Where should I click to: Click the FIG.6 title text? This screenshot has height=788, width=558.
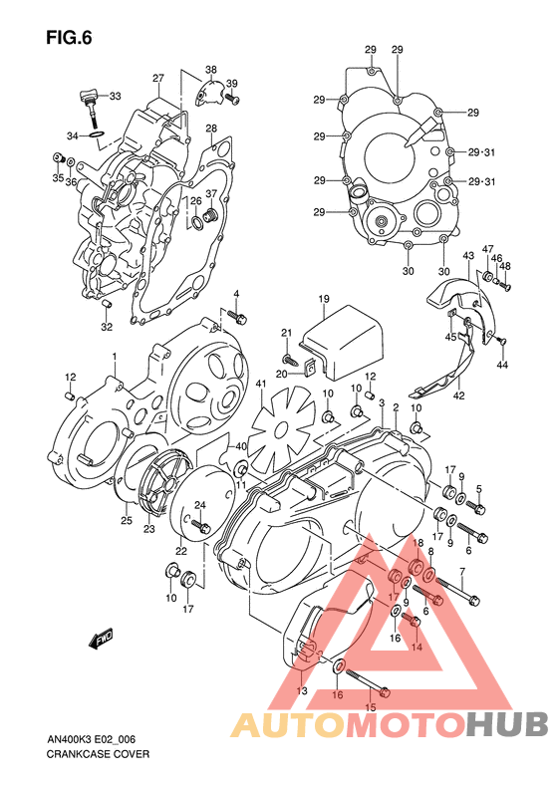tap(69, 39)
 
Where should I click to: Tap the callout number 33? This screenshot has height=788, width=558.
tap(115, 97)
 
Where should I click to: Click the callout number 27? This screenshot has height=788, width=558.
tap(157, 78)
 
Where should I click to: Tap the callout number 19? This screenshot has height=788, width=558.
tap(324, 299)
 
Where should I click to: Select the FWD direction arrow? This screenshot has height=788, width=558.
tap(102, 639)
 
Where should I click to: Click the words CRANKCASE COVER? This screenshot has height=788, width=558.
tap(98, 754)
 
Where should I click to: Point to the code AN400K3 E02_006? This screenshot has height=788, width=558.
tap(97, 739)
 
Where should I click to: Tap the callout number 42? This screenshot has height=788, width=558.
tap(459, 395)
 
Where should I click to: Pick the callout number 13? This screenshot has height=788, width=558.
tap(302, 689)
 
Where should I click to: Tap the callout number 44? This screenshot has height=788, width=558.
tap(503, 366)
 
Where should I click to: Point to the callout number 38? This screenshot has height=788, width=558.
tap(210, 69)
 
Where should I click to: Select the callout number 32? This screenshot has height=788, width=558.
tap(106, 327)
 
